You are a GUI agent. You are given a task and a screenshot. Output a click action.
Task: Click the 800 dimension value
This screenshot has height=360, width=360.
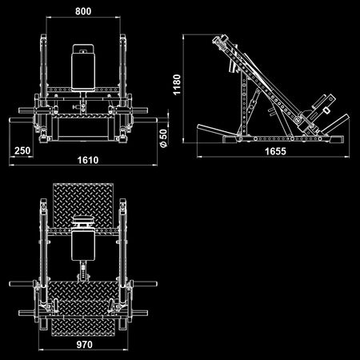[83, 12]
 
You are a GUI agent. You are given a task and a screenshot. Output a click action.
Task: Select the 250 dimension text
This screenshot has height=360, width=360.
[22, 150]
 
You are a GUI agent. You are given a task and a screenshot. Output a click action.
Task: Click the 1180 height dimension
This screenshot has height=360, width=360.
[177, 86]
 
